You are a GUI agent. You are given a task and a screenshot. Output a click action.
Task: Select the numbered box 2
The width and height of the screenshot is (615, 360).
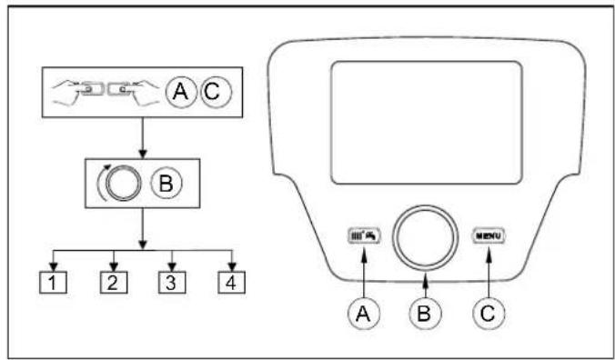pos(113,283)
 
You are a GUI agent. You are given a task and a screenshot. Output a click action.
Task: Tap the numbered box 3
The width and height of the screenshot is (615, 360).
pos(171,283)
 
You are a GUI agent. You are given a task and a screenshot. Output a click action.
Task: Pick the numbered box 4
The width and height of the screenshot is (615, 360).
pos(231,283)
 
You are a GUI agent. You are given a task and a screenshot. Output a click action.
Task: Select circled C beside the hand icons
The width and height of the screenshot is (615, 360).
pos(215,92)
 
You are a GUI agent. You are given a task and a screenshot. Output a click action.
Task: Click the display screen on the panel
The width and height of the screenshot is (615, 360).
pos(425,118)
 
